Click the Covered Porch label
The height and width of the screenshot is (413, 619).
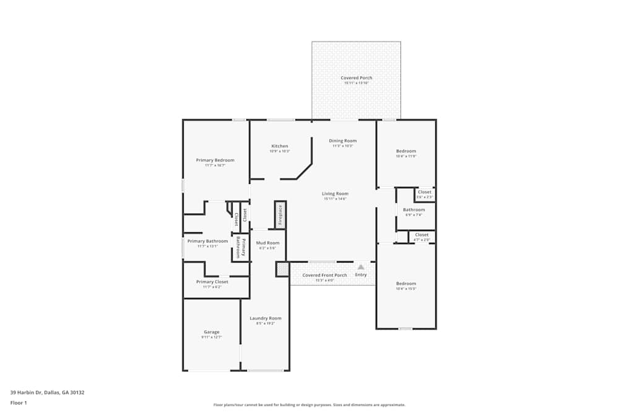click(357, 78)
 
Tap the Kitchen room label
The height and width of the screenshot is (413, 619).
click(280, 146)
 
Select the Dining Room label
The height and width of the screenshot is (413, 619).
click(342, 141)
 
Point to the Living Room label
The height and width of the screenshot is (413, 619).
click(335, 194)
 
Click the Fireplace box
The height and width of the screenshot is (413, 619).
click(280, 215)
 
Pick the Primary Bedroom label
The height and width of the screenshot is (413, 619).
click(215, 160)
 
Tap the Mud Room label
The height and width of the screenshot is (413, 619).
click(267, 243)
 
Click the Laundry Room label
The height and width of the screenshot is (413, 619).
click(265, 318)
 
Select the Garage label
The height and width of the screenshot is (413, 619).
click(211, 332)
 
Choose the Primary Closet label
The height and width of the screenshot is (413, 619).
click(212, 282)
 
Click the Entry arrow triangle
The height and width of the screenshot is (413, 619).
click(361, 267)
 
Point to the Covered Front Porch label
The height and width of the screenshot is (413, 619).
click(324, 275)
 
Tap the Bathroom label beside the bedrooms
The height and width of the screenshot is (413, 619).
click(415, 210)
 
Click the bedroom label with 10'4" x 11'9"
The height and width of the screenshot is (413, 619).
click(406, 151)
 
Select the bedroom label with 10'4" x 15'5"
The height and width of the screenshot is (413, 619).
click(406, 284)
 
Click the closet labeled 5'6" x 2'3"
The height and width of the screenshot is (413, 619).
click(425, 193)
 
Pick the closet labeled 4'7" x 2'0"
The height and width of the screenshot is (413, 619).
click(422, 235)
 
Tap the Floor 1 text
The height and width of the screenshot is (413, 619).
click(19, 402)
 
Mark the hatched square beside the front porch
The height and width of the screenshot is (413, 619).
click(282, 269)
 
